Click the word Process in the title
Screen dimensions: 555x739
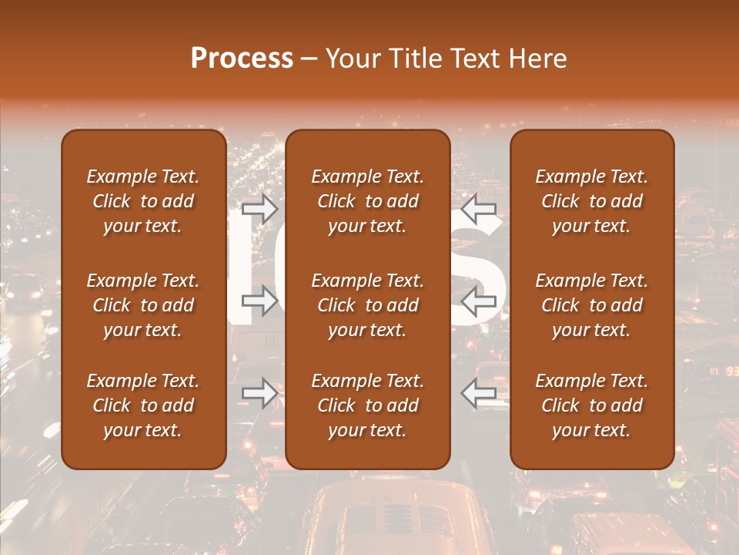pos(242,59)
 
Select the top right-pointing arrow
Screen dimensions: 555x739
pos(260,207)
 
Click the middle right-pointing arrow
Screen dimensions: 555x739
pos(260,301)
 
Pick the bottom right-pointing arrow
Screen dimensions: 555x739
pos(260,393)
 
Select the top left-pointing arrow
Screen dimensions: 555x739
pos(479,207)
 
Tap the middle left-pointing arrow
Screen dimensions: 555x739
pos(479,301)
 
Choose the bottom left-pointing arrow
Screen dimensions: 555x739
pos(479,393)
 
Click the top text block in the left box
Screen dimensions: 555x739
pos(143,201)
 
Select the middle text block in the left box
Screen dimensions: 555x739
pos(143,305)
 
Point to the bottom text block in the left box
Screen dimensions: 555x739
pos(143,405)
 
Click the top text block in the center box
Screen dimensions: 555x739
pos(367,201)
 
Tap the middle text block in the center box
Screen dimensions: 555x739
pos(367,305)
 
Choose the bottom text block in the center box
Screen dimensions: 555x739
pos(367,405)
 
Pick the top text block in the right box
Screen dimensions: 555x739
pos(591,201)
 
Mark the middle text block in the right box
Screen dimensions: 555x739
pos(591,305)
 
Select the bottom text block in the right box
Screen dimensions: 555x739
pos(591,405)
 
